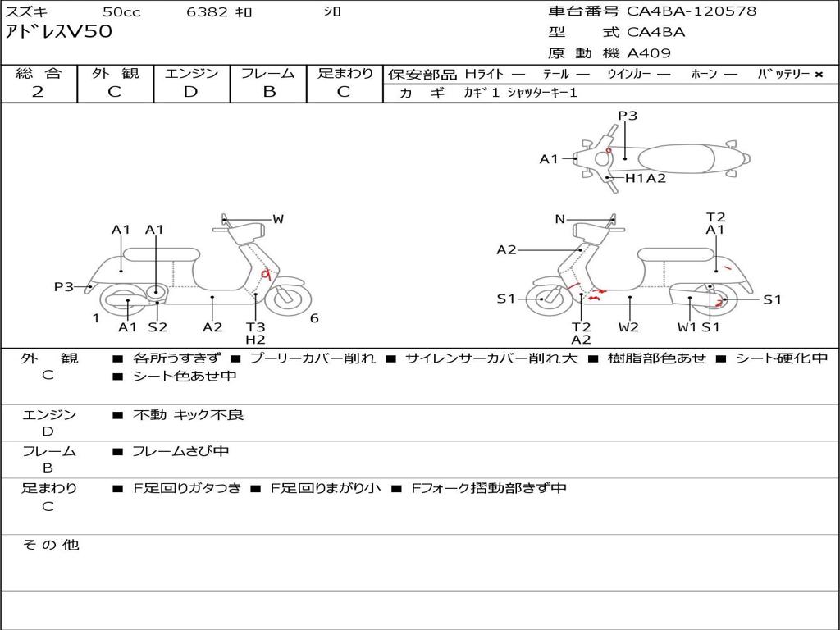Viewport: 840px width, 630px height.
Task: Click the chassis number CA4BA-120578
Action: click(692, 11)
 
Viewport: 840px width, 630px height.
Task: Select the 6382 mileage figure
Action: click(207, 12)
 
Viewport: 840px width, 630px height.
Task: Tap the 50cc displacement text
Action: click(121, 12)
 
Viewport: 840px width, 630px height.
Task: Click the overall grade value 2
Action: click(38, 92)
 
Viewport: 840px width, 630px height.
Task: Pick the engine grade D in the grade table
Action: click(190, 92)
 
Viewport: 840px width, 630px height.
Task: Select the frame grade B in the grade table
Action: click(269, 92)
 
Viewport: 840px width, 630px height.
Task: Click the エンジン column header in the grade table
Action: click(191, 73)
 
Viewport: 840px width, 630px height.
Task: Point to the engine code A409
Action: click(649, 53)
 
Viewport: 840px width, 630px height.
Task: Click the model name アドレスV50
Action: click(59, 32)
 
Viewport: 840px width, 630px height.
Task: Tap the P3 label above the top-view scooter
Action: click(628, 116)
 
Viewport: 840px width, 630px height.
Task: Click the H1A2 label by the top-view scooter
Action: click(646, 178)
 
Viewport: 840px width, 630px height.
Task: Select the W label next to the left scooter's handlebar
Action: click(278, 219)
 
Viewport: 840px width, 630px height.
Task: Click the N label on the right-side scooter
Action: click(560, 219)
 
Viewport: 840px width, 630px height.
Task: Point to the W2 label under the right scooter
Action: click(629, 326)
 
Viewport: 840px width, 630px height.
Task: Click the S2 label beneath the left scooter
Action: click(157, 326)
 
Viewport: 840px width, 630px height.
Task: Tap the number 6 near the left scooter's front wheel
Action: click(314, 318)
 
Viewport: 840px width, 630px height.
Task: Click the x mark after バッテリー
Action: click(818, 74)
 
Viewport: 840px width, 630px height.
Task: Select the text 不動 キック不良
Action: click(188, 415)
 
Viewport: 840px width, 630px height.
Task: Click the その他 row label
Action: click(51, 545)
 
